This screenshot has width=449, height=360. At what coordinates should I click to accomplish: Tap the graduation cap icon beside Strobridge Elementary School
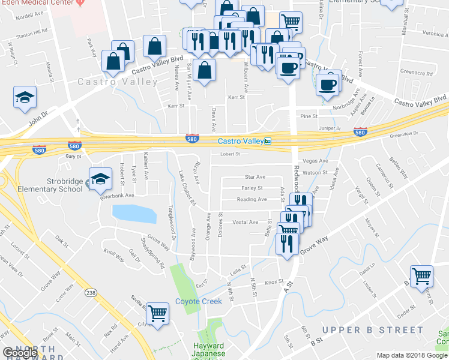click(100, 178)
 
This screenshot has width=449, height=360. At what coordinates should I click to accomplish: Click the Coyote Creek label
click(199, 301)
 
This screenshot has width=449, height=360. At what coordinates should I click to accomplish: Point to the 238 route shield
click(91, 293)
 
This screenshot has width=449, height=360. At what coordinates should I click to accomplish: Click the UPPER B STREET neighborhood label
click(373, 330)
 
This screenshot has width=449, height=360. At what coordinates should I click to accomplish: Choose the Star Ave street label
click(255, 177)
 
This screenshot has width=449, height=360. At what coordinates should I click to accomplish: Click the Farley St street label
click(252, 188)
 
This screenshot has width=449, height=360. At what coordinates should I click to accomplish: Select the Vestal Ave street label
click(245, 222)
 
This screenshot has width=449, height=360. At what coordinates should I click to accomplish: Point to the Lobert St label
click(229, 154)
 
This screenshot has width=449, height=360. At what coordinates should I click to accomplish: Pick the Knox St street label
click(273, 281)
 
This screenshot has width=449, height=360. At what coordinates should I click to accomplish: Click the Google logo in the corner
click(20, 353)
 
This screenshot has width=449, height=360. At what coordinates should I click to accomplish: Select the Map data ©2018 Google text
click(412, 355)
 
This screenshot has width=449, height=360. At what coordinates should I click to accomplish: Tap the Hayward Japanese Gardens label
click(209, 350)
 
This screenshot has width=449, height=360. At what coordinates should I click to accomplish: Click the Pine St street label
click(309, 116)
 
